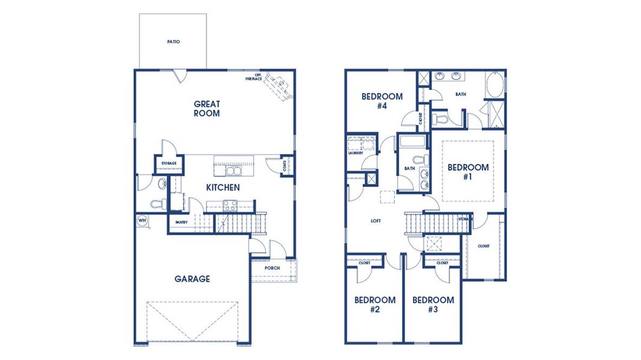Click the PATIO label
tap(173, 42)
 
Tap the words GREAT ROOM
tap(206, 109)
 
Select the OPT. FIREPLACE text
tap(253, 77)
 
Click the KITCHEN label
tap(223, 187)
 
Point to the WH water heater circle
tap(142, 220)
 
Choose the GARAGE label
tap(192, 278)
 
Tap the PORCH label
tap(272, 268)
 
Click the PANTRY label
tap(182, 222)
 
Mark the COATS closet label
tap(285, 166)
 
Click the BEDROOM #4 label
tap(382, 101)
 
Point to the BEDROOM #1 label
tap(468, 172)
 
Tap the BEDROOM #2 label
tap(375, 304)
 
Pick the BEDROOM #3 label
tap(433, 304)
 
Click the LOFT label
tap(376, 221)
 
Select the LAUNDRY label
tap(355, 153)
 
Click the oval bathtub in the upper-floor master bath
tap(495, 86)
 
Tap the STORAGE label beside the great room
tap(168, 163)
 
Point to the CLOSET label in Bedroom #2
tap(364, 263)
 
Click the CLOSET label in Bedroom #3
tap(442, 263)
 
